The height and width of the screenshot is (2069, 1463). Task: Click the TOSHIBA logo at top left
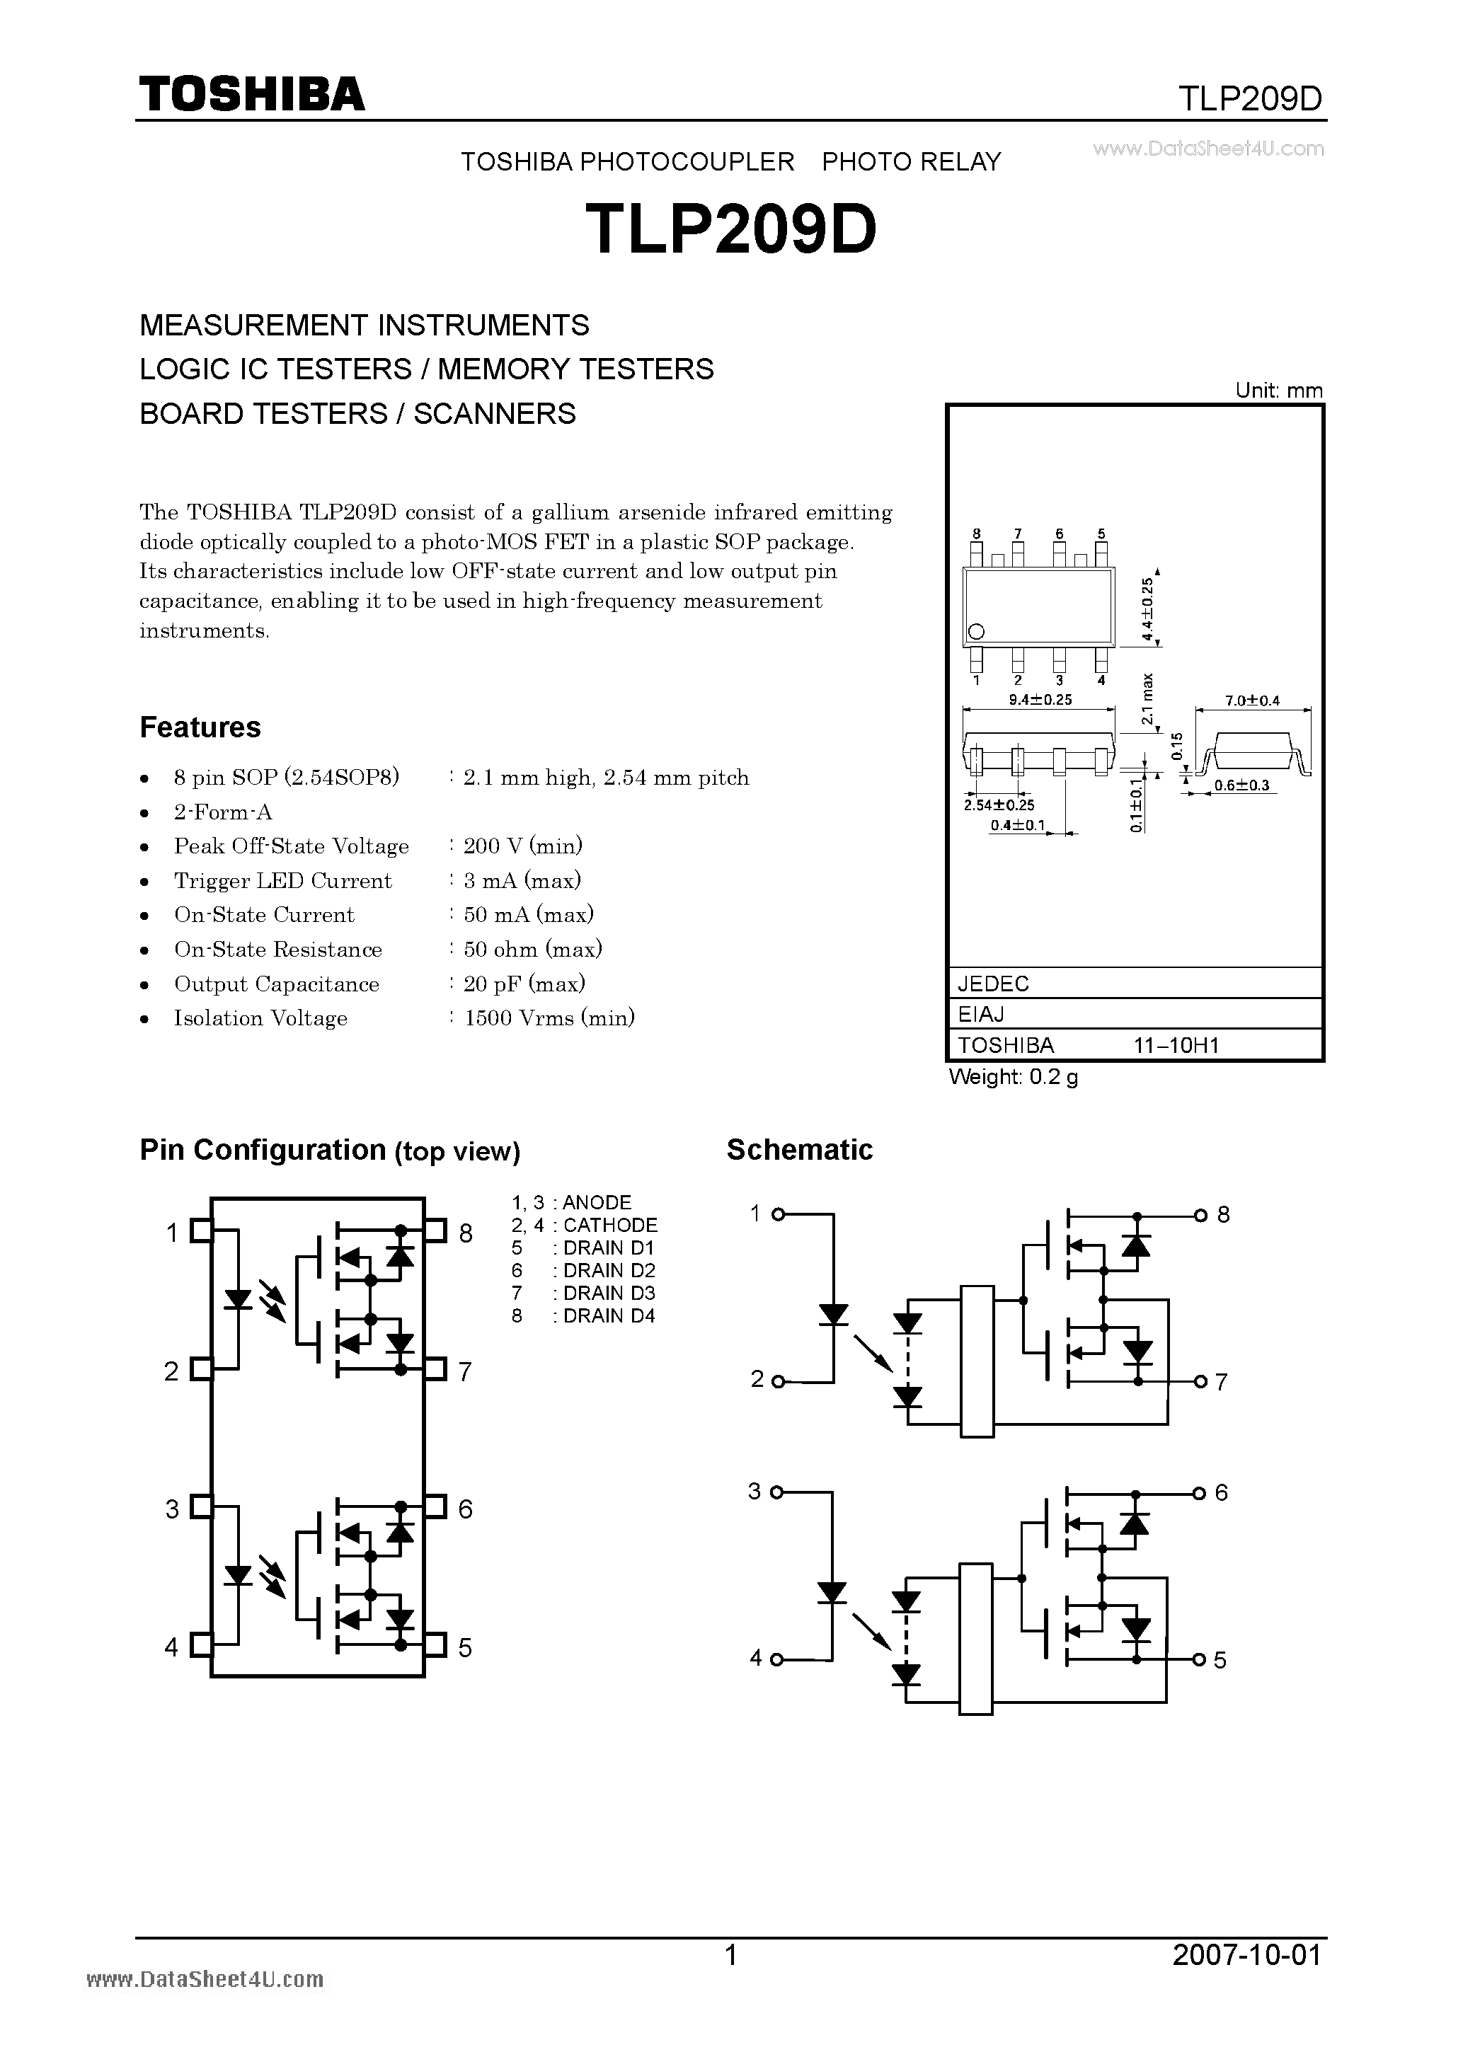coord(251,93)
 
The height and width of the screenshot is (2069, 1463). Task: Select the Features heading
coord(200,727)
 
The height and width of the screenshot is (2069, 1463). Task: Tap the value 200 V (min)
coord(523,846)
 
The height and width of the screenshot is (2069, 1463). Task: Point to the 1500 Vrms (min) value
coord(549,1018)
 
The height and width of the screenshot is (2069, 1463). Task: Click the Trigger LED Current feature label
coord(283,880)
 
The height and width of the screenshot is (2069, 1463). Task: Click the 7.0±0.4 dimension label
coord(1252,701)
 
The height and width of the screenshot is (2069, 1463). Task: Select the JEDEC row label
coord(992,983)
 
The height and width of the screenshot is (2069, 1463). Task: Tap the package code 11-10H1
coord(1176,1045)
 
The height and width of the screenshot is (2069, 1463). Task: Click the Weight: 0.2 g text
coord(1013,1076)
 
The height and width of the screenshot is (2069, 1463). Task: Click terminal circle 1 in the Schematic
coord(778,1214)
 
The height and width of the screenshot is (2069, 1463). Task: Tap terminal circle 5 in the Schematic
coord(1200,1659)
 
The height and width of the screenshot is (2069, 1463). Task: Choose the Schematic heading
coord(800,1150)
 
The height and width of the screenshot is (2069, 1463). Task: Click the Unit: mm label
coord(1278,390)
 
